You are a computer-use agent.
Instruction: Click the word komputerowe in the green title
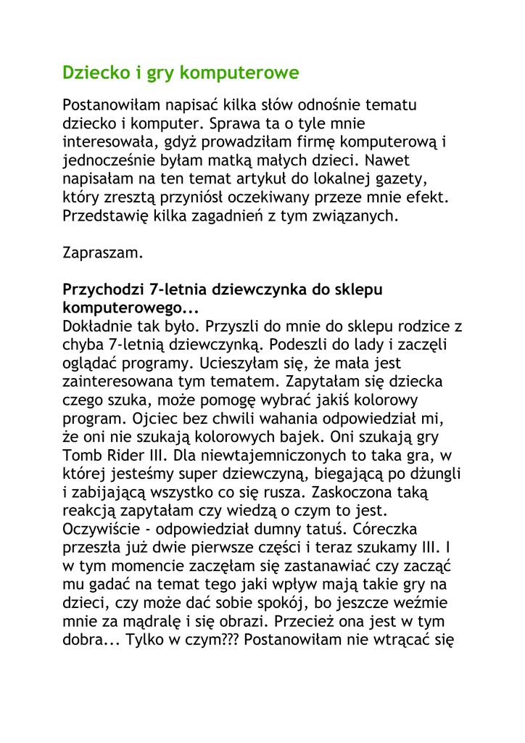pyautogui.click(x=239, y=73)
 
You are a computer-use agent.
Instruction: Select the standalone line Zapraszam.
pyautogui.click(x=103, y=253)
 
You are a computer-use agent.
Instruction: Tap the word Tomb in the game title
pyautogui.click(x=82, y=456)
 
